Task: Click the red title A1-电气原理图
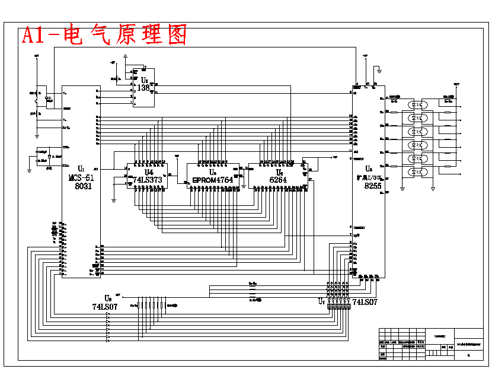tap(104, 36)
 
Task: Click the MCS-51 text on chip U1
tap(81, 177)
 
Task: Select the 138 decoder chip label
tap(143, 88)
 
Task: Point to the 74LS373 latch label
tap(148, 180)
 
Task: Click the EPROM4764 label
tap(213, 180)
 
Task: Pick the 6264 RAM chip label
tap(278, 180)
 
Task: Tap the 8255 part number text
tap(373, 186)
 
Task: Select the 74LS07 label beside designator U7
tap(365, 302)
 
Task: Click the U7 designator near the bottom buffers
tap(322, 301)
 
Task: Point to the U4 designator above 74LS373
tap(149, 172)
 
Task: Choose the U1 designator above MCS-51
tap(81, 170)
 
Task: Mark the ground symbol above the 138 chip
tap(125, 58)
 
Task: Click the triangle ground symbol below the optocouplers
tap(433, 189)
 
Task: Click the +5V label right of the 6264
tap(334, 157)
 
